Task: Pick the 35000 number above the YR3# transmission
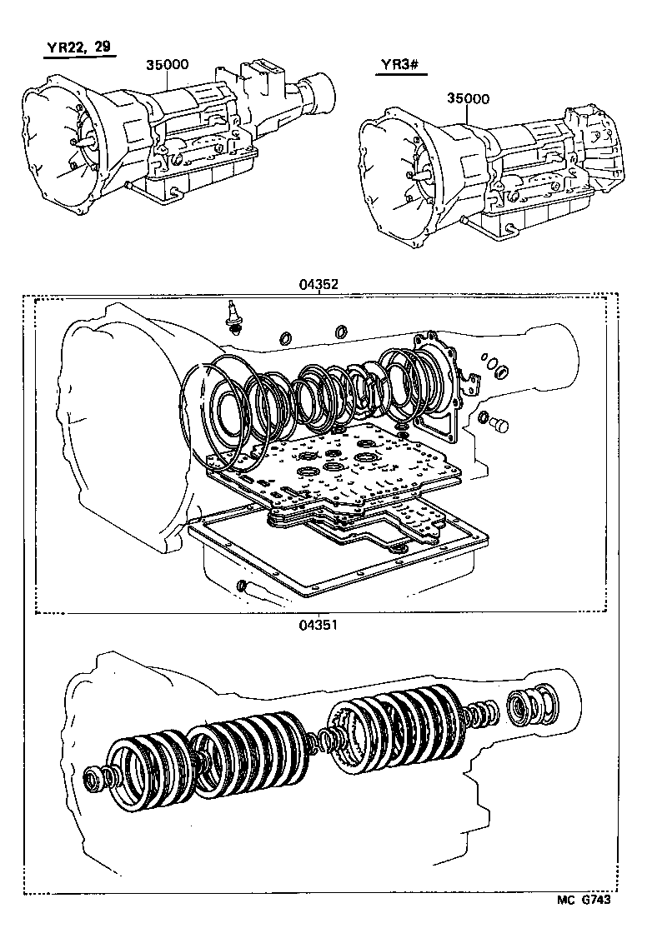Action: click(x=468, y=98)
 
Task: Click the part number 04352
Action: click(x=318, y=284)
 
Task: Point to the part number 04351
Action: click(x=318, y=623)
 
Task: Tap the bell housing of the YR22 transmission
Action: click(x=63, y=142)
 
